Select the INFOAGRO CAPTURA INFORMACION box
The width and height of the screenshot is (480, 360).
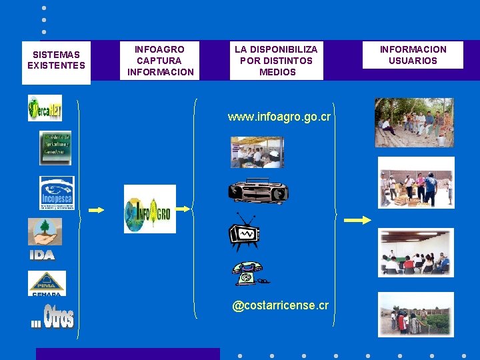coord(160,61)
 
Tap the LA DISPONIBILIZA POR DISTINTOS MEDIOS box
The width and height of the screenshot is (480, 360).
coord(277,61)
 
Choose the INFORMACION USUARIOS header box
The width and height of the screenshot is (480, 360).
coord(413,55)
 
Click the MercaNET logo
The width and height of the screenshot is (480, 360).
coord(45,108)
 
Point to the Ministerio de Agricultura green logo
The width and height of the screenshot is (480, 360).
coord(55,147)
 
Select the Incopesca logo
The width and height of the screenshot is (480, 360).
coord(57,193)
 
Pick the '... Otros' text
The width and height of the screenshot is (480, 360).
coord(53,317)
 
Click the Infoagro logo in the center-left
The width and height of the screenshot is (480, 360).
coord(149,209)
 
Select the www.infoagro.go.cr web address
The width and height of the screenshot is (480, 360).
coord(279,116)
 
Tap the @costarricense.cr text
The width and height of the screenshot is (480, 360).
coord(280,305)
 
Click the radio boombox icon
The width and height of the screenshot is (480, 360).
coord(258,192)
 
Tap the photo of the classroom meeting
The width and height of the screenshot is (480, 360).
coord(415,252)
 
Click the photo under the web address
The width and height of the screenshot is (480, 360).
coord(257,152)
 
